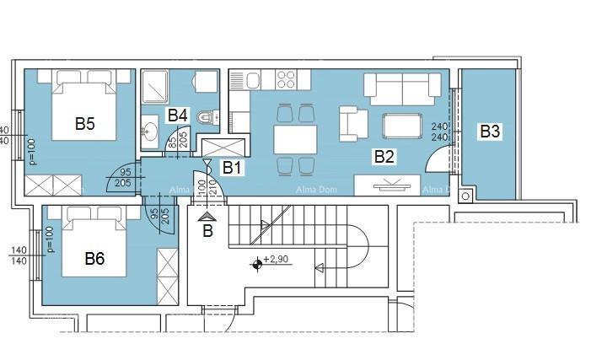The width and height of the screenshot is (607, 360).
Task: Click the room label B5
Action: [84, 124]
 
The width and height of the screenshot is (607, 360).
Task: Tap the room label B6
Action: [94, 259]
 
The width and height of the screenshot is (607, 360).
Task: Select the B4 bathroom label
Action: [177, 115]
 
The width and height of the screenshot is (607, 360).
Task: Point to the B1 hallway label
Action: [232, 167]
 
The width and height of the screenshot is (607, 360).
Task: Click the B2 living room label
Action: [384, 156]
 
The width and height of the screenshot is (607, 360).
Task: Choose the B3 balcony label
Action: [490, 132]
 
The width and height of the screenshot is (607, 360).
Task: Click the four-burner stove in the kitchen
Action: [285, 79]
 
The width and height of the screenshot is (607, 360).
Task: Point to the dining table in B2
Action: [295, 138]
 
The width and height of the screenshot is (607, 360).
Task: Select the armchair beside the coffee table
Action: [353, 124]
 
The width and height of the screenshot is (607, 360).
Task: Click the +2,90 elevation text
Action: [277, 259]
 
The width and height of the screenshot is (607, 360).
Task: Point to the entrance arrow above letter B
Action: [207, 218]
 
